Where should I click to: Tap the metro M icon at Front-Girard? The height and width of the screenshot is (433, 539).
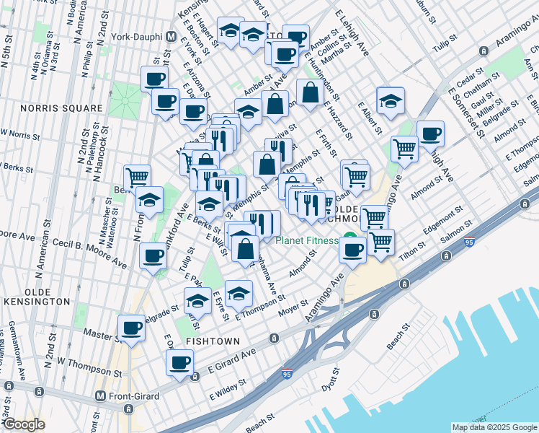(102, 396)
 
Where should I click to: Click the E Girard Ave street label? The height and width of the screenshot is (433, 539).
(232, 357)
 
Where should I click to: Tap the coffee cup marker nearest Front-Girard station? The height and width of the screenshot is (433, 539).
(179, 363)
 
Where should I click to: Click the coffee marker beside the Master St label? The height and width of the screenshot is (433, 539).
(132, 328)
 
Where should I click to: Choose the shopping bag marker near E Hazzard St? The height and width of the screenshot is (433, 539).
(309, 92)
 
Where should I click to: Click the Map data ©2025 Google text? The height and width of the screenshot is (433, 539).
(494, 427)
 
